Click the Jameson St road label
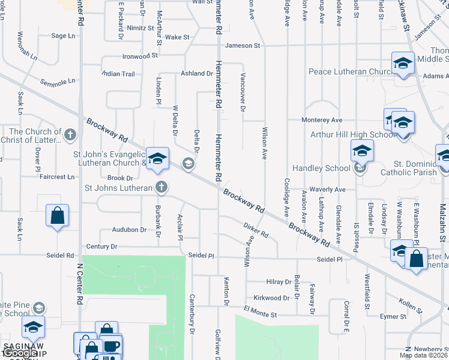243,46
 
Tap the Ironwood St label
140,55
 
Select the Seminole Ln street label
58,80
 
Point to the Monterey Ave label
322,120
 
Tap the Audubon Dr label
129,230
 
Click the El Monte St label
260,314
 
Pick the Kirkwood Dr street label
271,298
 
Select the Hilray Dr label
279,282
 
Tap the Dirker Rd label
256,230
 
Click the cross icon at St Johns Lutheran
161,187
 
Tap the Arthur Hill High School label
353,134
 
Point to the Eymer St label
394,316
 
